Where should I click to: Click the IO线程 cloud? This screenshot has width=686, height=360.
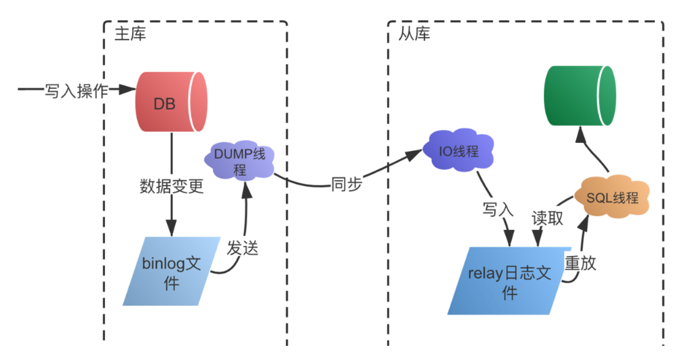459,152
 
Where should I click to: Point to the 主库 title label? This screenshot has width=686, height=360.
129,34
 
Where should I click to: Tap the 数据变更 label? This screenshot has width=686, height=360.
171,186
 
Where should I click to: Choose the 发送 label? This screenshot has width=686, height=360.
242,247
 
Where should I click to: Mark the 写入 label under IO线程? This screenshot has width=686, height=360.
498,210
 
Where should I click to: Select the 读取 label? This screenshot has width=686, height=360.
547,218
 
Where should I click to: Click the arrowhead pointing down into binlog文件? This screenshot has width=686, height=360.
171,229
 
